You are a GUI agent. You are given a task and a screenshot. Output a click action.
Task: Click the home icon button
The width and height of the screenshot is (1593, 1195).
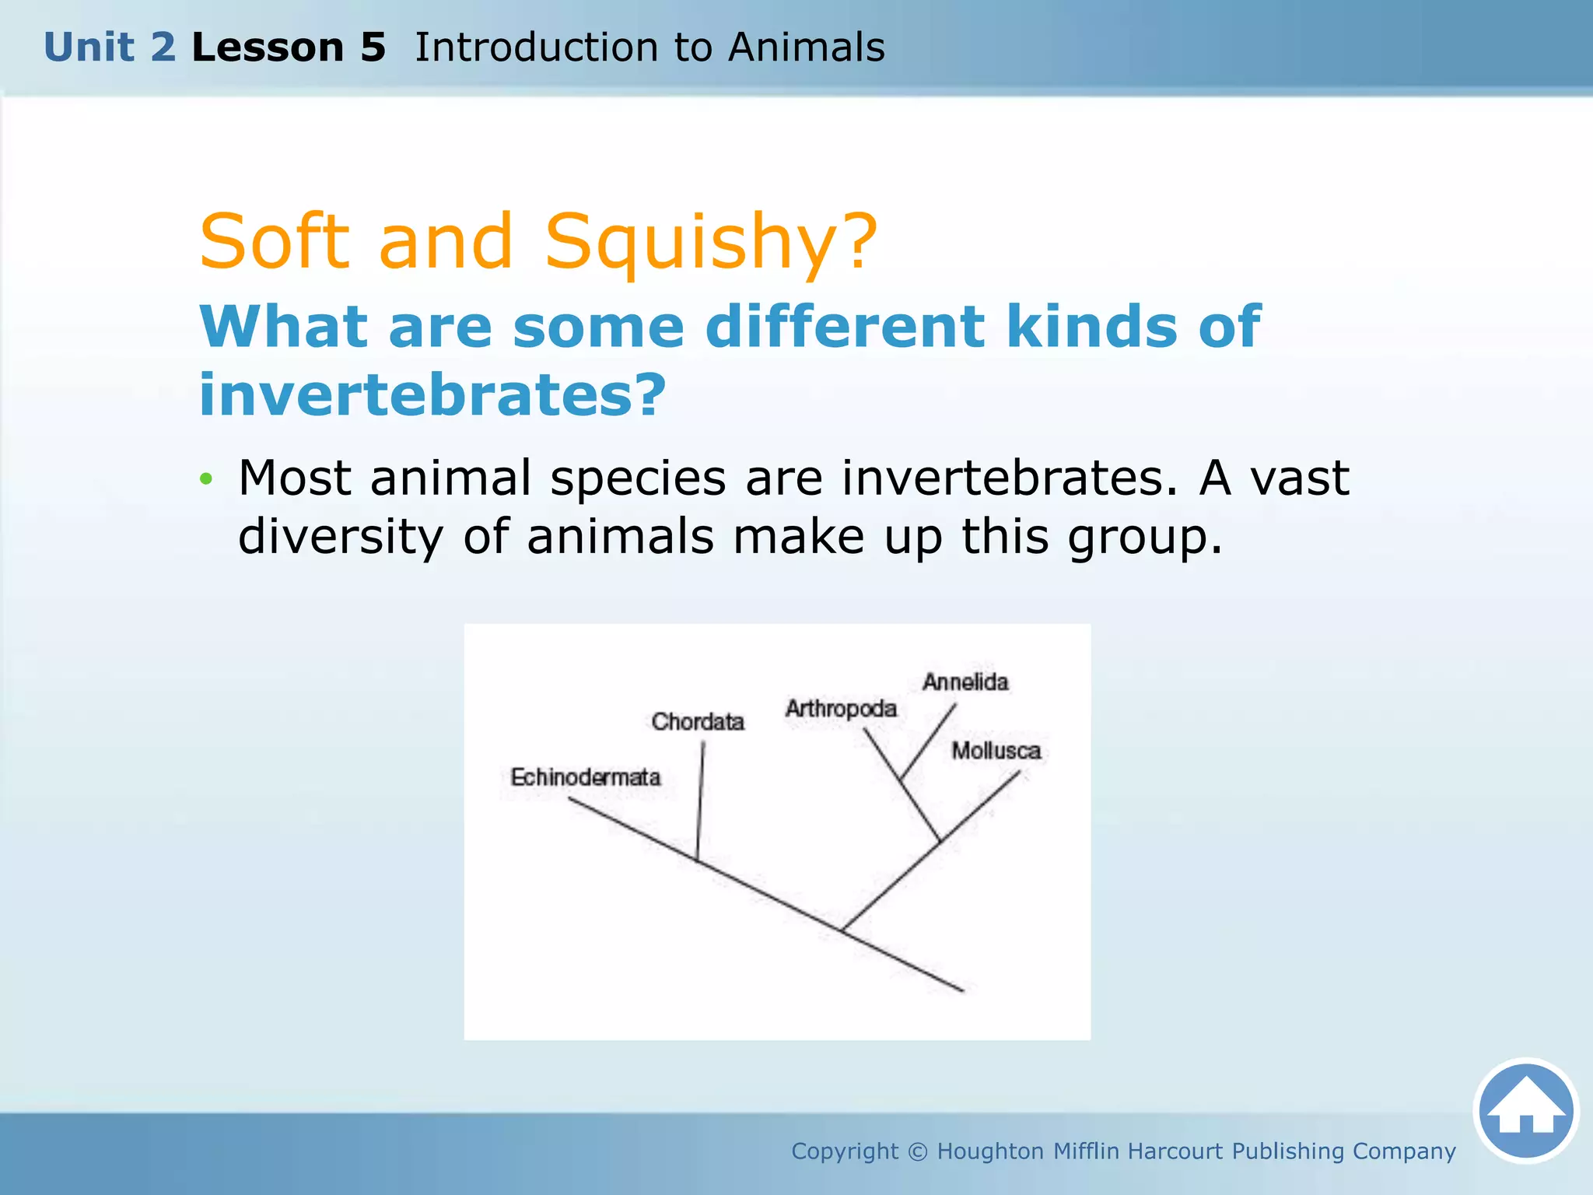(1525, 1110)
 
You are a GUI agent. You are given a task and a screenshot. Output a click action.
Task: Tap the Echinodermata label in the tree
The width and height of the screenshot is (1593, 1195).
(585, 776)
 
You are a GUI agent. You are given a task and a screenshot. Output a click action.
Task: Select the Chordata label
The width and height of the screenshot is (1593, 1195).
(698, 721)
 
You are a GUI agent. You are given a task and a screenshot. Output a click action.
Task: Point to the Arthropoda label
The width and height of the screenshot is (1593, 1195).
(841, 709)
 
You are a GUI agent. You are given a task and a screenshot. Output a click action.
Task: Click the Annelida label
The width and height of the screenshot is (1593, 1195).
(965, 682)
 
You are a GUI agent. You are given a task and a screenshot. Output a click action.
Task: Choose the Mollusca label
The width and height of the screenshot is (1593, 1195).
(996, 750)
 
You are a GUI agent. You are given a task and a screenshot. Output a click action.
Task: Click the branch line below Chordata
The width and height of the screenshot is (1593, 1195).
(700, 801)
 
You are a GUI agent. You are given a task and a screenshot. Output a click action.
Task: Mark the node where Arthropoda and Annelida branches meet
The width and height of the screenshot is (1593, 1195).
(901, 779)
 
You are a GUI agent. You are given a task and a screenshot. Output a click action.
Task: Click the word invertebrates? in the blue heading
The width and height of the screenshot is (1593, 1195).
(432, 394)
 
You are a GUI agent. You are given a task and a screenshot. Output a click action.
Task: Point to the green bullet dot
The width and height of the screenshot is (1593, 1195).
(205, 478)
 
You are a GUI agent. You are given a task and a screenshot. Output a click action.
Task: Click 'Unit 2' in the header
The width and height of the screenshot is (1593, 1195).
(110, 47)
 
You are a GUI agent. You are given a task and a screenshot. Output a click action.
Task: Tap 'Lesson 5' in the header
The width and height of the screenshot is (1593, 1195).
(289, 47)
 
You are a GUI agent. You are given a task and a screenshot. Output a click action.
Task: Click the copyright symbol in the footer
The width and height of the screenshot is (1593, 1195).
(918, 1151)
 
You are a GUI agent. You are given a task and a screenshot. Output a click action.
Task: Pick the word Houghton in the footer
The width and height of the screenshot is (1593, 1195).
(990, 1151)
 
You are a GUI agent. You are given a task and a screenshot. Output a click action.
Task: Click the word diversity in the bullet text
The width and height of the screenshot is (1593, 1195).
(340, 537)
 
